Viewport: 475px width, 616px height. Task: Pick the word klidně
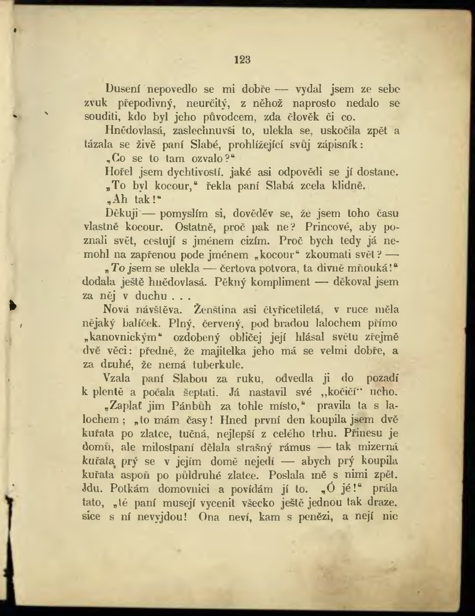pos(349,186)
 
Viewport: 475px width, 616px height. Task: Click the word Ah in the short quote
pos(119,200)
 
